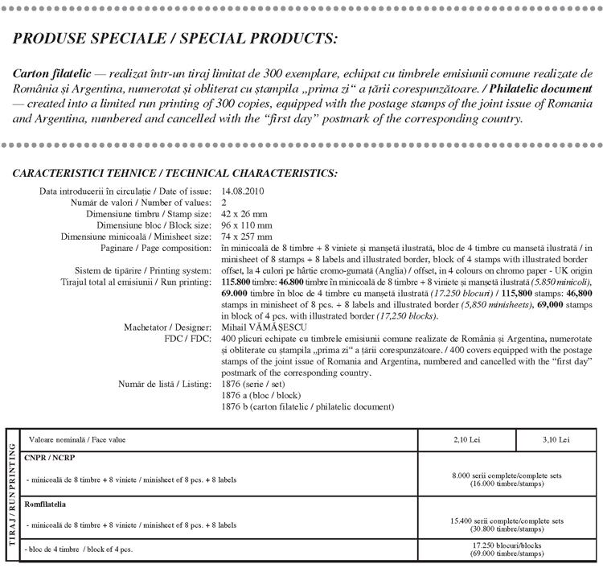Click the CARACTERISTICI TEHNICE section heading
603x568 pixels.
(x=175, y=174)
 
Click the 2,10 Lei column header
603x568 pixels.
(x=468, y=440)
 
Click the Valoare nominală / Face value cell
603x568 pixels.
(x=77, y=440)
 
